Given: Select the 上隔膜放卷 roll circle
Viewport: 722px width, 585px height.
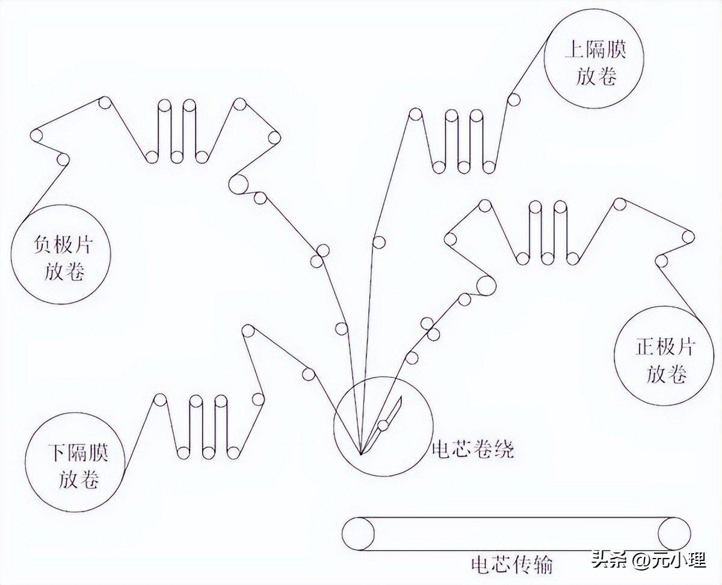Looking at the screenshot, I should pyautogui.click(x=594, y=58).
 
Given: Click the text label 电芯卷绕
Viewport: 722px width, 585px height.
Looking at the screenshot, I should pyautogui.click(x=473, y=450).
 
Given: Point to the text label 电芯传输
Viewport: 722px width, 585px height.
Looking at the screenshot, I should pyautogui.click(x=511, y=564).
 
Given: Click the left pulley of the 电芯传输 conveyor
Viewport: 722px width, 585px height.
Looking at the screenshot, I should pyautogui.click(x=359, y=534).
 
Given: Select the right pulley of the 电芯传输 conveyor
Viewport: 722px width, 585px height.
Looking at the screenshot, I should pyautogui.click(x=674, y=534).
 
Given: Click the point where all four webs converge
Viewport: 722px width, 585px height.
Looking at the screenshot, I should pyautogui.click(x=360, y=453).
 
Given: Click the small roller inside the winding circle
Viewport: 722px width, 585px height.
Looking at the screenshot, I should pyautogui.click(x=383, y=426).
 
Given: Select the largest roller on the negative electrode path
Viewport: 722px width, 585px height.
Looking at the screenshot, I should pyautogui.click(x=239, y=184).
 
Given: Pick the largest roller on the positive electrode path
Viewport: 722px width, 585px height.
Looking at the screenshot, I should pyautogui.click(x=486, y=285).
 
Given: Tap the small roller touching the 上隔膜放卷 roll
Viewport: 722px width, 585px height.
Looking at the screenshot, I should pyautogui.click(x=513, y=100).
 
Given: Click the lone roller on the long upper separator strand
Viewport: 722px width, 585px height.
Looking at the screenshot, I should pyautogui.click(x=378, y=242).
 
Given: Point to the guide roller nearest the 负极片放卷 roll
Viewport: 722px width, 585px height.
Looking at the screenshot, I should pyautogui.click(x=63, y=159).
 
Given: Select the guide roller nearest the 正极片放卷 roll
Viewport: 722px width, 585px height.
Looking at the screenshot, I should pyautogui.click(x=662, y=261).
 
